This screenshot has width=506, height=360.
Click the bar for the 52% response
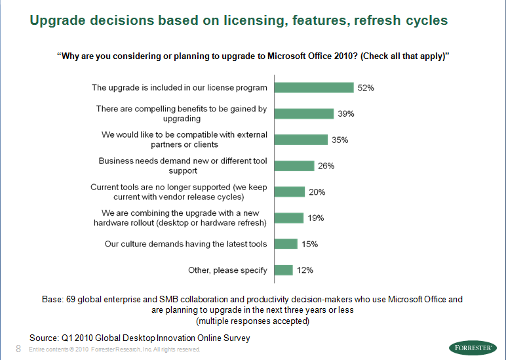(x=314, y=88)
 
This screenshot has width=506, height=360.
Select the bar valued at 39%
(x=304, y=113)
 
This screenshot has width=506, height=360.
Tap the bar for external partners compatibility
(x=301, y=140)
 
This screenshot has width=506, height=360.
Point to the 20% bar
(x=290, y=192)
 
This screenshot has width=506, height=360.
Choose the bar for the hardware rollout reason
(x=289, y=218)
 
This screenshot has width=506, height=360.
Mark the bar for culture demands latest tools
(x=286, y=244)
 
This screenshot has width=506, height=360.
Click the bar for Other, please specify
(x=283, y=270)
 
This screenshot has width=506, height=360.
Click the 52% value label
(x=366, y=88)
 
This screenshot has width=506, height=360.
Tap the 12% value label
(x=305, y=270)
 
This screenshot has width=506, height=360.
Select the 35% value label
(x=340, y=140)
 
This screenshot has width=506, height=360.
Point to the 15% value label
(x=309, y=244)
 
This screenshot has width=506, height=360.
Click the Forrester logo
(x=473, y=348)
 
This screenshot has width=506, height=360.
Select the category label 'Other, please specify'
(x=227, y=270)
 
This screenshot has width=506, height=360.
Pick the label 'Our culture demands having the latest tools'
(x=186, y=244)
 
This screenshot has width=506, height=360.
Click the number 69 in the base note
(x=71, y=299)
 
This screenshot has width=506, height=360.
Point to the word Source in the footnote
(x=45, y=337)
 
